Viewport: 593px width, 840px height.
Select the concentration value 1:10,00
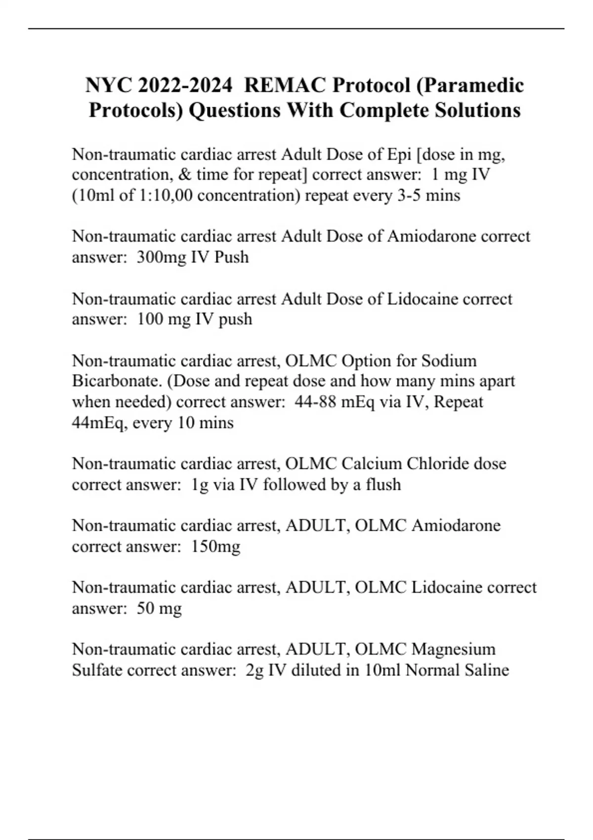point(163,196)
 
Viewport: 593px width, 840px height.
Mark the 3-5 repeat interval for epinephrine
point(409,196)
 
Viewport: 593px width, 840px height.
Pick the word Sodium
point(449,361)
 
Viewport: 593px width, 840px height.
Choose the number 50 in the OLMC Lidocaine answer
point(145,608)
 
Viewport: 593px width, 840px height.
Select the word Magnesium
point(453,649)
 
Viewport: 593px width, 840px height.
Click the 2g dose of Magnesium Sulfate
point(254,670)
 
